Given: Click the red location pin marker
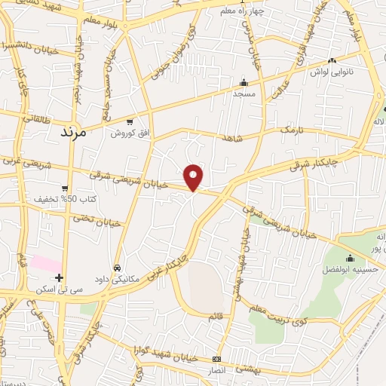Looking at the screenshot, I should (194, 176).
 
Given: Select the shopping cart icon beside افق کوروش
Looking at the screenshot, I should (130, 122).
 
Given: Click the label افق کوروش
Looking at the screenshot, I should (130, 133).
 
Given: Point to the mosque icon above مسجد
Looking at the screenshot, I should (244, 83).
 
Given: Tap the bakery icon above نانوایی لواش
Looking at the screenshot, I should (332, 61).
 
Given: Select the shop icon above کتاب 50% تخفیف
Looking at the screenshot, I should (65, 188).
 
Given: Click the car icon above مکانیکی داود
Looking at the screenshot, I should (116, 268).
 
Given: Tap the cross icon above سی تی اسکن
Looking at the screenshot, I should (60, 278).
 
